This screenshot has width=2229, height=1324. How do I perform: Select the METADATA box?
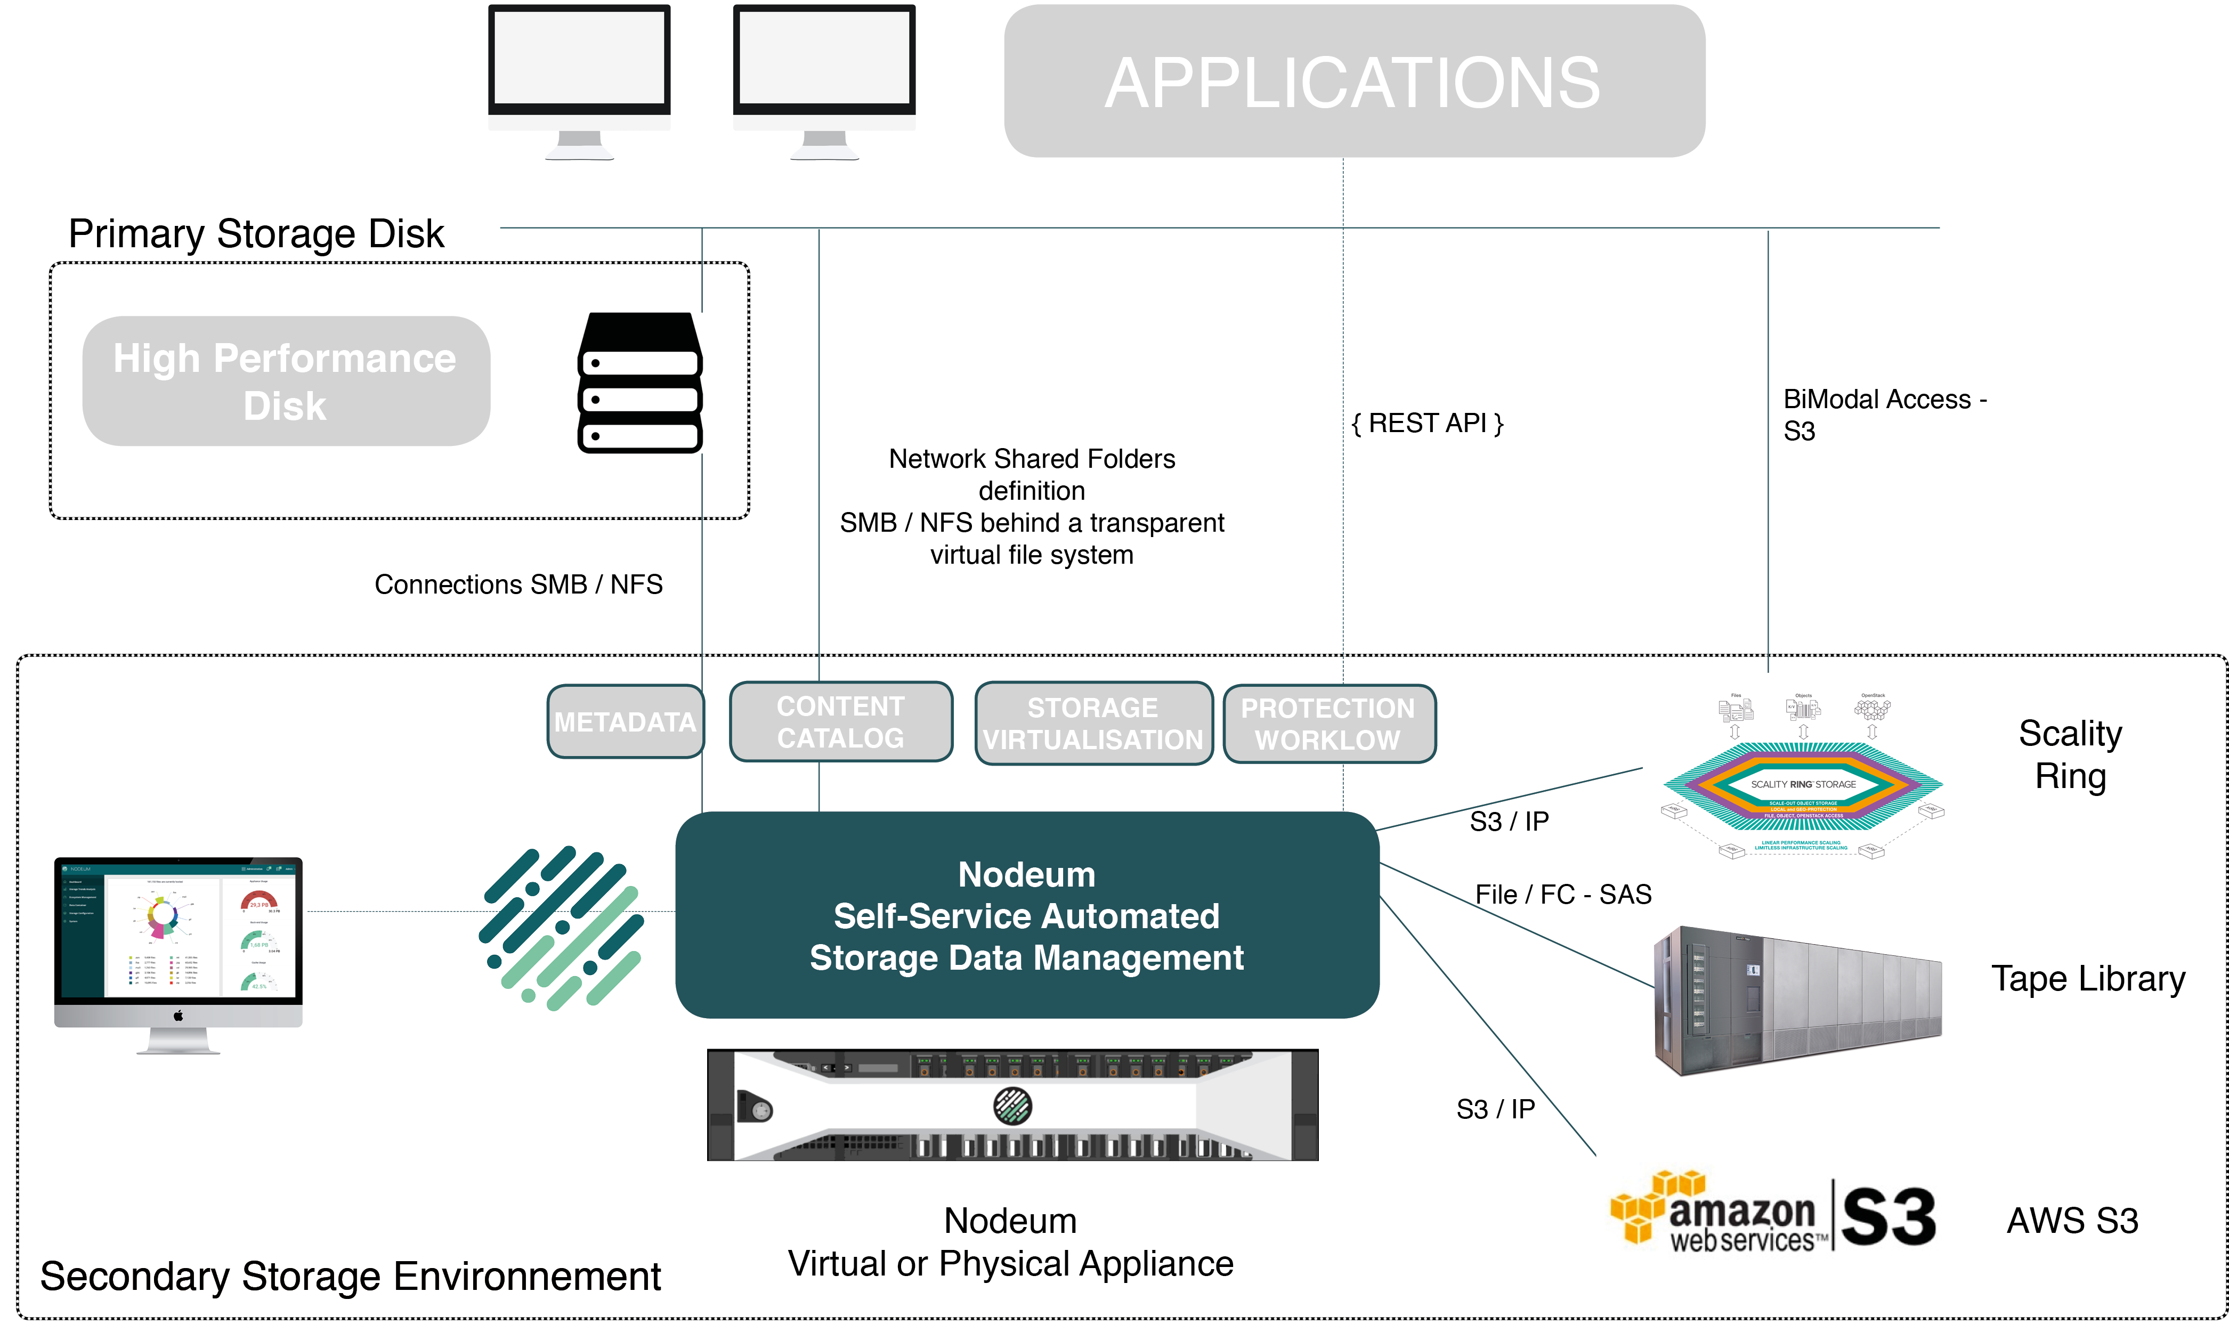tap(625, 722)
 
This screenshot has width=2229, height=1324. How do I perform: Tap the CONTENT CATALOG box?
tap(840, 722)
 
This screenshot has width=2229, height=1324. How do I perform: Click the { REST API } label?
tap(1427, 423)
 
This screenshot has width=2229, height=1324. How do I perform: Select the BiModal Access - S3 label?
tap(1883, 415)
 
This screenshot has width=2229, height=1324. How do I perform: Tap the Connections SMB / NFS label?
tap(517, 584)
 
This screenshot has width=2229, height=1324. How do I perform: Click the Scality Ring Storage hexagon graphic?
tap(1803, 785)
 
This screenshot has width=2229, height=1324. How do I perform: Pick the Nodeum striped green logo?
tap(561, 928)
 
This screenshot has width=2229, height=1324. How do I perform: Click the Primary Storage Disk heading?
tap(256, 234)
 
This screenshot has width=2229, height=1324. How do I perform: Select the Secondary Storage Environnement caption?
tap(350, 1276)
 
